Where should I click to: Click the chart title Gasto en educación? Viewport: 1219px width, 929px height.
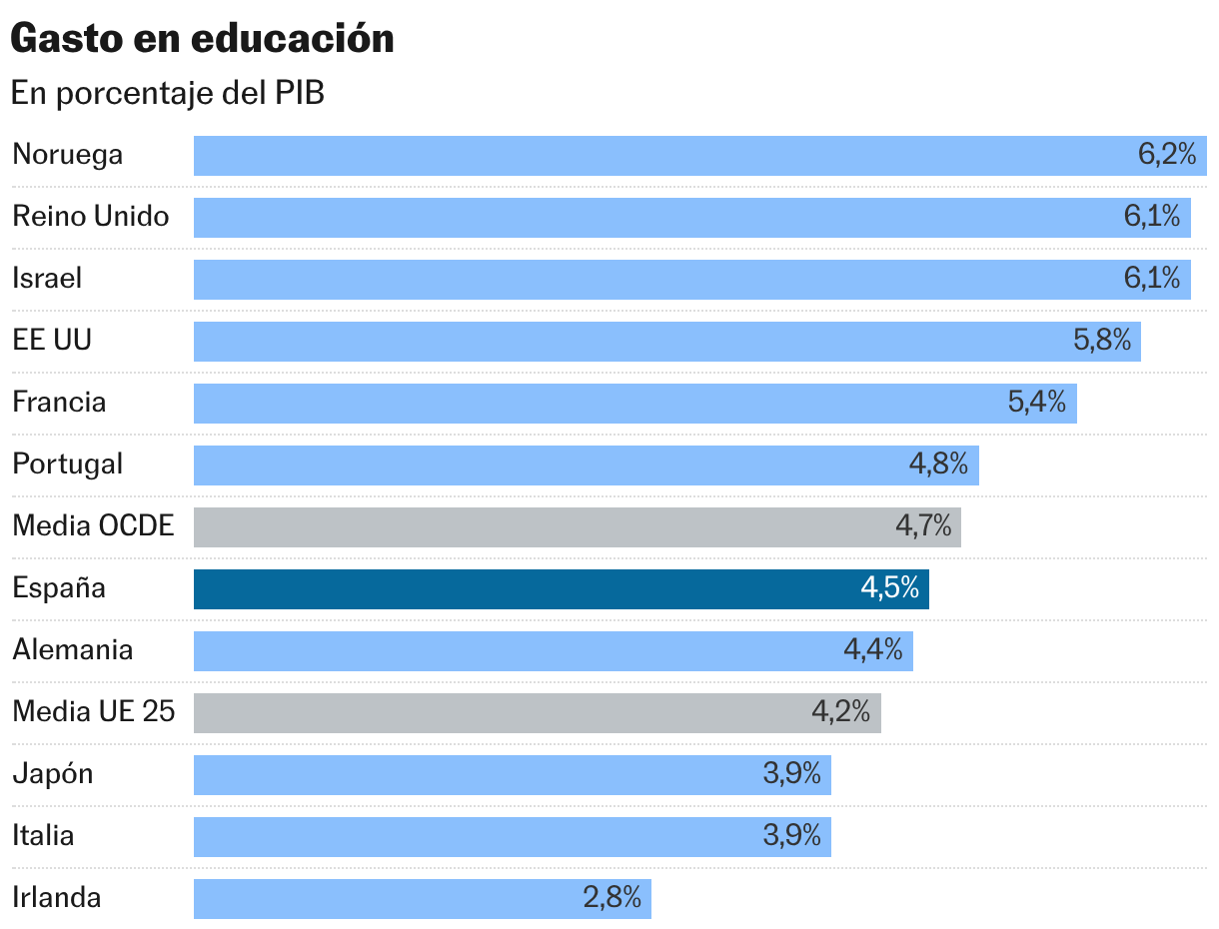click(202, 38)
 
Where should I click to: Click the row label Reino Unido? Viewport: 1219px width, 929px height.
click(91, 216)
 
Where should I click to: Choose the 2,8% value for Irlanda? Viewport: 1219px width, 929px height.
click(611, 898)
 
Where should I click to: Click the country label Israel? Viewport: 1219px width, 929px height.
click(47, 278)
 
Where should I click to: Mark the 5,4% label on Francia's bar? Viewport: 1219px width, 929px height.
click(1037, 403)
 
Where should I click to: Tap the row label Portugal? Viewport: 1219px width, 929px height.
click(68, 464)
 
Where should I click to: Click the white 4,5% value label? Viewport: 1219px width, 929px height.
click(889, 588)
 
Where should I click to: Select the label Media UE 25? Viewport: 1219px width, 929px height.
click(93, 712)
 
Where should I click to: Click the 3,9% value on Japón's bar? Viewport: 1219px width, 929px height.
click(792, 774)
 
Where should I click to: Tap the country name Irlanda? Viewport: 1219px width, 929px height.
click(57, 898)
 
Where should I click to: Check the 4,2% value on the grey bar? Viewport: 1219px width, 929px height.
click(840, 712)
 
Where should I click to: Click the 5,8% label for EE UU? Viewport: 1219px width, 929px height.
click(1102, 341)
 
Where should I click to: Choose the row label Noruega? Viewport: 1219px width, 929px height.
click(68, 155)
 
